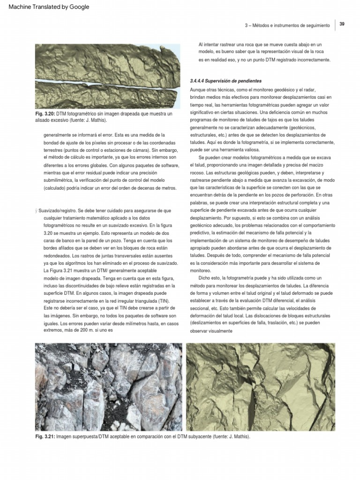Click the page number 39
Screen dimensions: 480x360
(342, 24)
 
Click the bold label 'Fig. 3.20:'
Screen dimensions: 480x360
(45, 114)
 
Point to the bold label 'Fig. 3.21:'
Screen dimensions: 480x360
(45, 436)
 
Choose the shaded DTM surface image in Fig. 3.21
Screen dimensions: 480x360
(261, 387)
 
